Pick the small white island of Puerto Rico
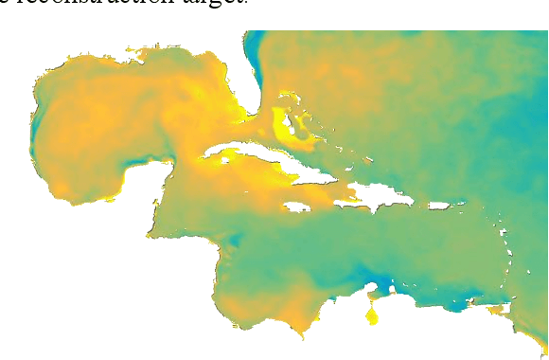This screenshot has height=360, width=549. (x=442, y=205)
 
